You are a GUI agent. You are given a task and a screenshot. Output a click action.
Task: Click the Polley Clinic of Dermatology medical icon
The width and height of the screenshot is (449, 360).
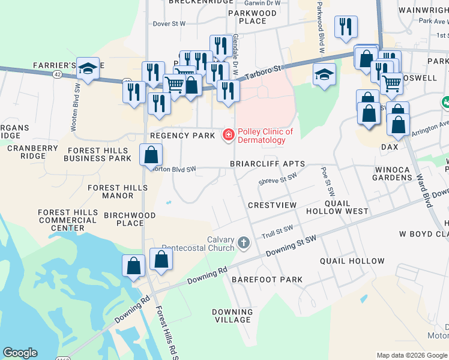[x=228, y=136]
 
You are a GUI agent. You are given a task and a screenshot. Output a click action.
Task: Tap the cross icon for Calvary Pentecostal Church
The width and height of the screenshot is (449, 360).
[x=243, y=243]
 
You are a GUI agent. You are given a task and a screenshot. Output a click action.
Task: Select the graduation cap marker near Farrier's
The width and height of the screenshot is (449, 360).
[x=88, y=69]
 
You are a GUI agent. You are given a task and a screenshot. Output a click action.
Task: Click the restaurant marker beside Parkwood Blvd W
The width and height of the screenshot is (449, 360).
[x=346, y=27]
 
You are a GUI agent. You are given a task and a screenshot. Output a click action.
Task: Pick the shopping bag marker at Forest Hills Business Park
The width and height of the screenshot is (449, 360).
[x=151, y=155]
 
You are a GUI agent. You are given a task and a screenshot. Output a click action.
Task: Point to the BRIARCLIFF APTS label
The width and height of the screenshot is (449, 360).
[x=267, y=164]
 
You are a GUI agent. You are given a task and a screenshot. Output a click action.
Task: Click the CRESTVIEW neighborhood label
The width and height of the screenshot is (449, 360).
[x=272, y=205]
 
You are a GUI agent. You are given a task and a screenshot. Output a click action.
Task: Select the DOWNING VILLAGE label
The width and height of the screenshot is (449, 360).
[x=232, y=316]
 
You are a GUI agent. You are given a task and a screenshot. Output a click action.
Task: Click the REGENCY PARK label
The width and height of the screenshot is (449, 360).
[x=182, y=136]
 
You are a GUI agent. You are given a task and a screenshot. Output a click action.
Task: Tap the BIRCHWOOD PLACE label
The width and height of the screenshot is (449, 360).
[x=130, y=219]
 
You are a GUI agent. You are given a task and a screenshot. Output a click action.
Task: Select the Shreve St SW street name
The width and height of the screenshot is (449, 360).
[x=277, y=178]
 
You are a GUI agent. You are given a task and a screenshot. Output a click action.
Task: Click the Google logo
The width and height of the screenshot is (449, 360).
[x=20, y=353]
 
